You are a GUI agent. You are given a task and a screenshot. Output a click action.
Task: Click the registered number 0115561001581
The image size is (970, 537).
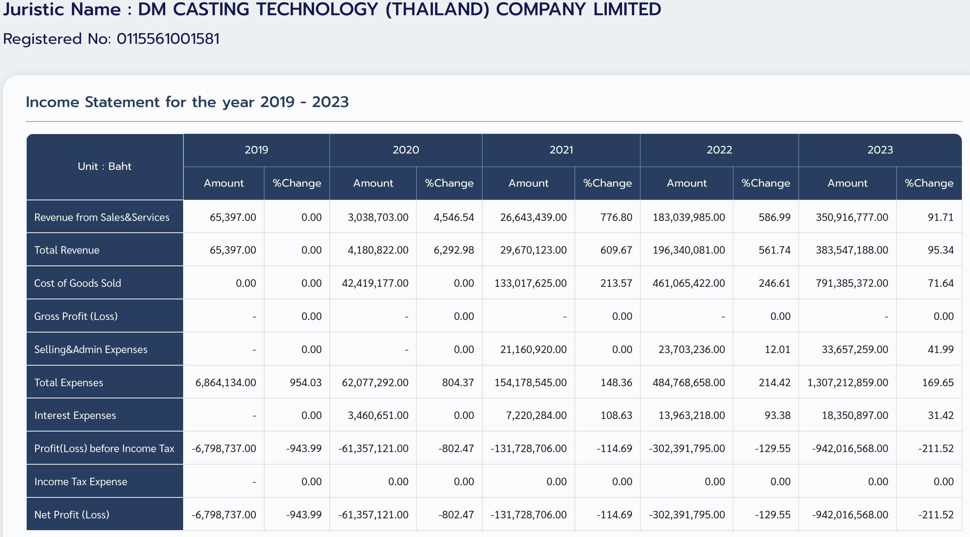click(168, 39)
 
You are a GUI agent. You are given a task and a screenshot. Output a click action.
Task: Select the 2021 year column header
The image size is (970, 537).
click(561, 150)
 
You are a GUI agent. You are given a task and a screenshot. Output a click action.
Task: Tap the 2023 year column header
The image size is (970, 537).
click(880, 150)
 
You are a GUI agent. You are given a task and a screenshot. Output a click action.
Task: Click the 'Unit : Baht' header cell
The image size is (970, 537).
click(105, 166)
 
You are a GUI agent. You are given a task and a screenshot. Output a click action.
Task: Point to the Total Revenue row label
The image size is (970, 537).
click(67, 250)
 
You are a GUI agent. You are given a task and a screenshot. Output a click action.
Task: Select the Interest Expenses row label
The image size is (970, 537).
click(75, 415)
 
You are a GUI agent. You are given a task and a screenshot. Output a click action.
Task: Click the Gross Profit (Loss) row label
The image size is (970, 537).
click(76, 316)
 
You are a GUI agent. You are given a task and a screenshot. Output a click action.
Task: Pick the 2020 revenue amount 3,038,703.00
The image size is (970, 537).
click(378, 217)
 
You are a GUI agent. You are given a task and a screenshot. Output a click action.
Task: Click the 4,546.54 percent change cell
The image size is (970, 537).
click(454, 217)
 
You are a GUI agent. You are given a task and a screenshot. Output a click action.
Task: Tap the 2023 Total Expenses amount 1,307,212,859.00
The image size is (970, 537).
click(848, 382)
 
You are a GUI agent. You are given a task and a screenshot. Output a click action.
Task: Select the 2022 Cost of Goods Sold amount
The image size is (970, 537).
click(689, 283)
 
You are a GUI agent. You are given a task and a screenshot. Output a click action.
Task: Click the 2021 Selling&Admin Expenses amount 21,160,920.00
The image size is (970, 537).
click(533, 349)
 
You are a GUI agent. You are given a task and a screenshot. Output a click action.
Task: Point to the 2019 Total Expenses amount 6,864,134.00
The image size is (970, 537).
click(226, 382)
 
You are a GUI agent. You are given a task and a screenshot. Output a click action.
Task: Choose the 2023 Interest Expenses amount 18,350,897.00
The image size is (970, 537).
click(855, 415)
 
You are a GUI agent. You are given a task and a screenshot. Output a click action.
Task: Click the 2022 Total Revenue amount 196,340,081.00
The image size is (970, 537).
click(689, 250)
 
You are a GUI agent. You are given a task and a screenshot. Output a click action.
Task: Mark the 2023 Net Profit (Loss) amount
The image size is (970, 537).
click(850, 515)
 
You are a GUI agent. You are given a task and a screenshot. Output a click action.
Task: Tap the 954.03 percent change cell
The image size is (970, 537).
click(306, 382)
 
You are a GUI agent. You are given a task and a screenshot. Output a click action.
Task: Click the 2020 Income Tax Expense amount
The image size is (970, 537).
click(398, 481)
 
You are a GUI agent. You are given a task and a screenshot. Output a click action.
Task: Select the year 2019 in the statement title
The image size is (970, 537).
click(278, 102)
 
